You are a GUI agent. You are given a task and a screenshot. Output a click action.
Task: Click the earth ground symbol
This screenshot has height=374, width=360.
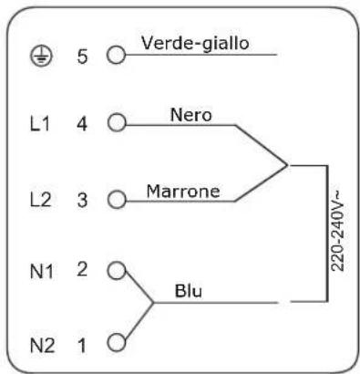click(x=41, y=56)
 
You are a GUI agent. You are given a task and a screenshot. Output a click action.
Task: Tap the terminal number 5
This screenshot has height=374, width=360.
click(x=82, y=57)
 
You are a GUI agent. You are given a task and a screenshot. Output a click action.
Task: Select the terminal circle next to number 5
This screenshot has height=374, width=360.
click(x=116, y=55)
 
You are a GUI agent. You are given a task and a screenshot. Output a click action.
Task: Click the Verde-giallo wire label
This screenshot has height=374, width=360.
click(x=195, y=43)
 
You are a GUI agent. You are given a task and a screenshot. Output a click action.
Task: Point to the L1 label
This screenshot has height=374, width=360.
click(x=40, y=124)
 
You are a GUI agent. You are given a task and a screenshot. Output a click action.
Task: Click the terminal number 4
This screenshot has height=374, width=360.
click(x=82, y=124)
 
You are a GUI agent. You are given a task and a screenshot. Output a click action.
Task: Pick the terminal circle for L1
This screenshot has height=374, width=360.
click(x=117, y=122)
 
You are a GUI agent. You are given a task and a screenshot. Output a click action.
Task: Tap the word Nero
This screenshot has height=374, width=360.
click(x=191, y=115)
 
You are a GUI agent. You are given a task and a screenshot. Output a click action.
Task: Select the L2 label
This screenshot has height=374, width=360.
click(x=41, y=200)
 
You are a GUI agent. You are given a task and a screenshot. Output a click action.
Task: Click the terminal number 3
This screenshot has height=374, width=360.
click(x=82, y=201)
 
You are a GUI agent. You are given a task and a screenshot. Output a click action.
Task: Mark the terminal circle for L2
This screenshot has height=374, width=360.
click(x=117, y=200)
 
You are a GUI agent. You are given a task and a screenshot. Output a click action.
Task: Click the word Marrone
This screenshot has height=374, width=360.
click(x=183, y=192)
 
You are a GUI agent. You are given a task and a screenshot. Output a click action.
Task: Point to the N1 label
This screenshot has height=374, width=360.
click(x=42, y=271)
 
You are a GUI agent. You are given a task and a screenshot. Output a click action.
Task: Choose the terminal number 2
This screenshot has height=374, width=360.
click(x=82, y=269)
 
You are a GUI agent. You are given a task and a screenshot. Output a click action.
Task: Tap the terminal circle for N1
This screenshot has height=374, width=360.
click(x=117, y=270)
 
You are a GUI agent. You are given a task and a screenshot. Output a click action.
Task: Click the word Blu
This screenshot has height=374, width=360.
click(x=189, y=291)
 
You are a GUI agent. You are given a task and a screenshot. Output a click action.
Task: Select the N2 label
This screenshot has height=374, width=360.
click(x=43, y=346)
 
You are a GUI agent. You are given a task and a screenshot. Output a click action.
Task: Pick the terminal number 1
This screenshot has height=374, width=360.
click(x=82, y=346)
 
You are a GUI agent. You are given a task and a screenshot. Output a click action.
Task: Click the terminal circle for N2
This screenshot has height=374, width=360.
click(x=117, y=342)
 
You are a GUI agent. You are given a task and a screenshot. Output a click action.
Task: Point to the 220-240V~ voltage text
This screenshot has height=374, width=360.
click(x=337, y=231)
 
